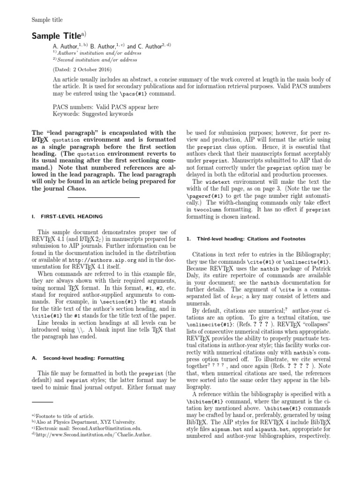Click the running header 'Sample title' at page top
(47, 20)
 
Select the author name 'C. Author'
(146, 47)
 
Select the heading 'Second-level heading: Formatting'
(83, 358)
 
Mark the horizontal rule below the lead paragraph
(104, 198)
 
